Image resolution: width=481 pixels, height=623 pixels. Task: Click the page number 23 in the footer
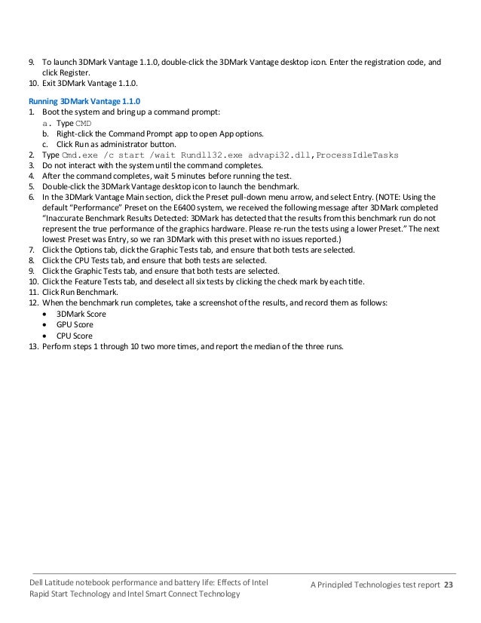coord(449,585)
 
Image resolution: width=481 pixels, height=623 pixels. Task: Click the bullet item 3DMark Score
coord(81,313)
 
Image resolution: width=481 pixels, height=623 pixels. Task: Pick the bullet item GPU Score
coord(75,324)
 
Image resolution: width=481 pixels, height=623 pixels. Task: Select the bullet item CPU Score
coord(75,335)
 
